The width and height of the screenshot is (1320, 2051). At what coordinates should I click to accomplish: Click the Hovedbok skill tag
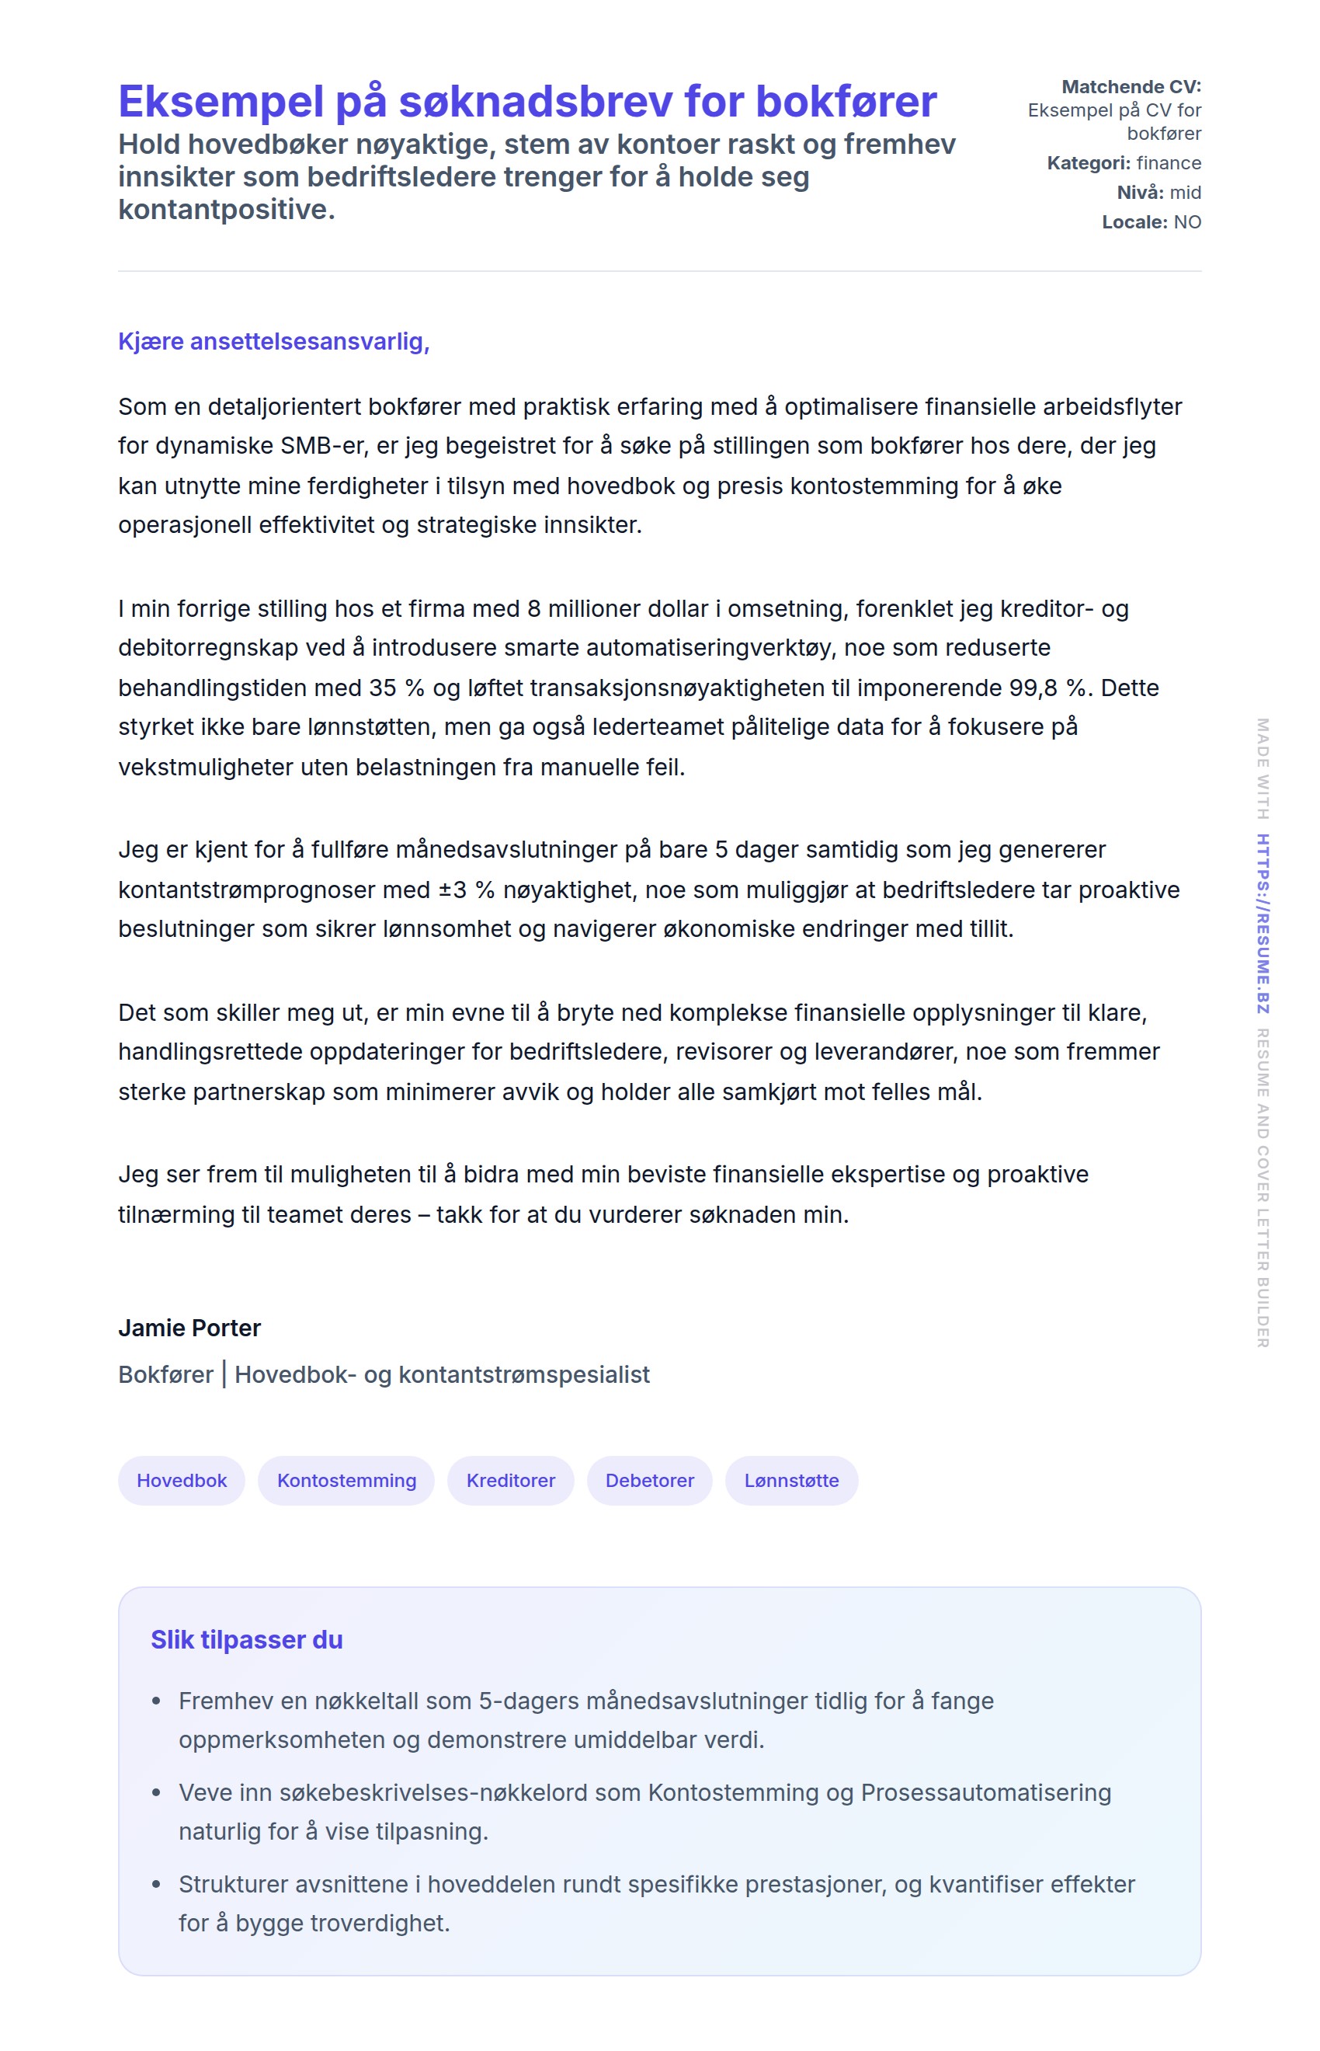point(182,1480)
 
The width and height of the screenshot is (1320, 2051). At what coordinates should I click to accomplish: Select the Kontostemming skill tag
point(346,1480)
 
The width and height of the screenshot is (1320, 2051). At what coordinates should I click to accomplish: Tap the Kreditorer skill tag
point(510,1480)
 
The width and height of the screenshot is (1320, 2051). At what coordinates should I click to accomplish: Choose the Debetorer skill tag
point(649,1480)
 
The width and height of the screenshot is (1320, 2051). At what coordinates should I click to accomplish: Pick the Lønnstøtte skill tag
point(791,1480)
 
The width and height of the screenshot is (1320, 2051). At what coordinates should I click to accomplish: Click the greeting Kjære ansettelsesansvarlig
point(273,341)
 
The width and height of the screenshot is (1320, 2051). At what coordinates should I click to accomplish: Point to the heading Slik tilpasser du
point(247,1639)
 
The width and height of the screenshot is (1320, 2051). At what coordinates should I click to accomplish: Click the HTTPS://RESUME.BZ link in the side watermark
point(1263,924)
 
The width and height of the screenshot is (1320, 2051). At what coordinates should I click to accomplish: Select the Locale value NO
point(1187,222)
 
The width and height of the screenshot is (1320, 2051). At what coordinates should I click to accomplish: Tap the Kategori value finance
point(1169,163)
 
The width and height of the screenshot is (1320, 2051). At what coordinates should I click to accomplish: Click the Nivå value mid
point(1186,192)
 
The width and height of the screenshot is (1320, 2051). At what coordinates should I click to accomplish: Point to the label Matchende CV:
point(1131,86)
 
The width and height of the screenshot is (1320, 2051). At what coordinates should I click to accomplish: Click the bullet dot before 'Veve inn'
point(156,1792)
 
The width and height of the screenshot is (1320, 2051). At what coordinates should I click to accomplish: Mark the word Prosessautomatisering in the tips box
point(985,1792)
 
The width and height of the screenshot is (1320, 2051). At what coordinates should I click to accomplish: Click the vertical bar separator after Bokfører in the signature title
point(224,1374)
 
